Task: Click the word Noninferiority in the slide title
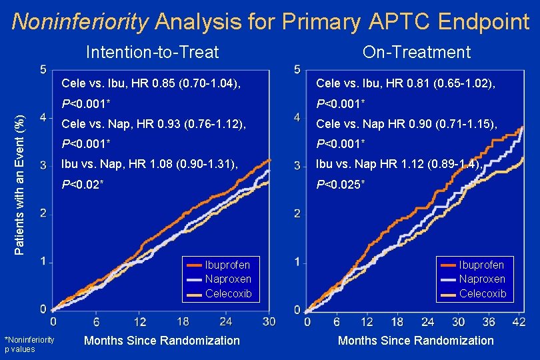pyautogui.click(x=81, y=22)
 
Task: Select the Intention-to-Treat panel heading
pyautogui.click(x=153, y=52)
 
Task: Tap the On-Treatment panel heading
pyautogui.click(x=416, y=52)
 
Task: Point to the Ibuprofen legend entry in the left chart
pyautogui.click(x=227, y=265)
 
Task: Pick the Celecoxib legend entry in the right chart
pyautogui.click(x=482, y=293)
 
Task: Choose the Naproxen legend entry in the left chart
pyautogui.click(x=227, y=279)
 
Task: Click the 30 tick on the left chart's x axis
pyautogui.click(x=269, y=322)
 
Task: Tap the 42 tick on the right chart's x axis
pyautogui.click(x=520, y=323)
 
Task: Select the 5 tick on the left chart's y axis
pyautogui.click(x=43, y=69)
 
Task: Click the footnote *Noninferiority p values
pyautogui.click(x=29, y=344)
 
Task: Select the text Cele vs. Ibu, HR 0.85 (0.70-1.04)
pyautogui.click(x=151, y=83)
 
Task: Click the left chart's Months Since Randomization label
pyautogui.click(x=161, y=341)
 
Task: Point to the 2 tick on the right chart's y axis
pyautogui.click(x=297, y=213)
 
